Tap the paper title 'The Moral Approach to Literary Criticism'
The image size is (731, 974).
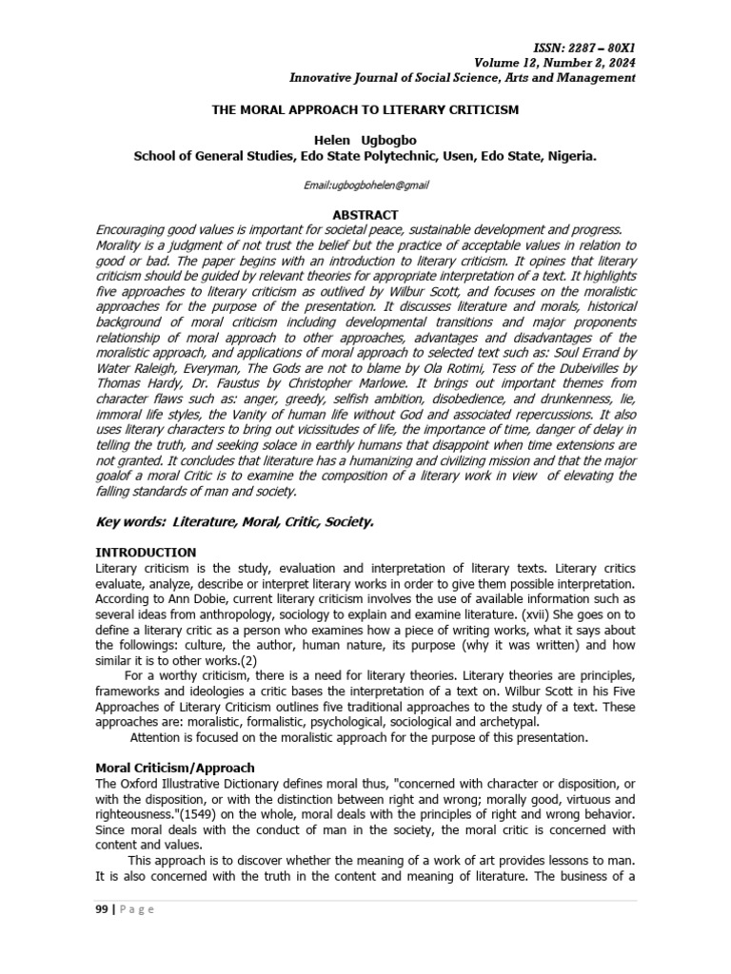point(365,109)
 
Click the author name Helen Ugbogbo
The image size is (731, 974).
point(365,140)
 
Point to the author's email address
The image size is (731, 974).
point(365,185)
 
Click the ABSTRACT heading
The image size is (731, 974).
point(365,215)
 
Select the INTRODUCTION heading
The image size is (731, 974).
point(147,552)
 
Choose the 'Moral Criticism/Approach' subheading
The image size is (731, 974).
point(175,767)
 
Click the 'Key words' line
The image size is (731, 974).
point(235,521)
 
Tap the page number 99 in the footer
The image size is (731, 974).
point(103,909)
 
